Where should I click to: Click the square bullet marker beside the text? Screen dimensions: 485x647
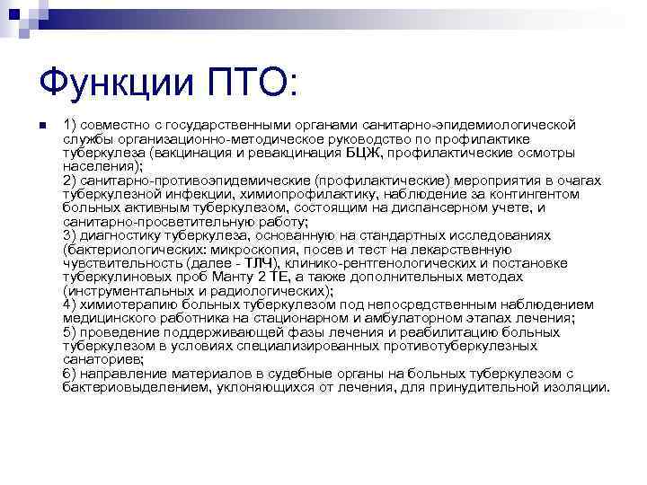coord(41,125)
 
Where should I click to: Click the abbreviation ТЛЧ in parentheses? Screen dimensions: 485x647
coord(259,263)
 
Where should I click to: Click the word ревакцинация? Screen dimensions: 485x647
coord(300,153)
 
